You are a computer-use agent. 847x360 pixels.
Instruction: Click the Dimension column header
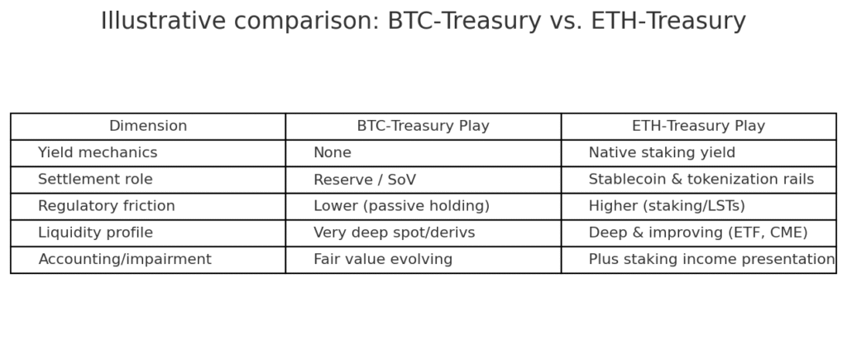(148, 126)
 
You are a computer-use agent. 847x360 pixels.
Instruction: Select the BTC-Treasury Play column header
(423, 126)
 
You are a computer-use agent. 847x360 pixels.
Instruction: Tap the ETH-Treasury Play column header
(698, 126)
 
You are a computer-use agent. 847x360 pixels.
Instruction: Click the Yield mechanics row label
(98, 152)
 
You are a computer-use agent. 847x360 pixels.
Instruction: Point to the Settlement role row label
(95, 179)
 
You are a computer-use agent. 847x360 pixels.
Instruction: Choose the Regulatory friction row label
(107, 206)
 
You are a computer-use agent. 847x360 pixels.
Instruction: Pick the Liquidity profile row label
(95, 233)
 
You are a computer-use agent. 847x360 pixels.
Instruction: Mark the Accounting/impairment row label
(125, 260)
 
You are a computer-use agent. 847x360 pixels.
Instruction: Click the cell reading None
(333, 152)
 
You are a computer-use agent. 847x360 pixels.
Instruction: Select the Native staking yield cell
(662, 152)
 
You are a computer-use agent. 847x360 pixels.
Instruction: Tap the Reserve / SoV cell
(365, 180)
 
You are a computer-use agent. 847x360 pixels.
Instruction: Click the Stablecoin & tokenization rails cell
(701, 179)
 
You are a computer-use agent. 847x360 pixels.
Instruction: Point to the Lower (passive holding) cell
(401, 206)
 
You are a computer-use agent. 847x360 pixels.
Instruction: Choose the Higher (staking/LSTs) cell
(667, 206)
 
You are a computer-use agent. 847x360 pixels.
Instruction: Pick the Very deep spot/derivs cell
(395, 233)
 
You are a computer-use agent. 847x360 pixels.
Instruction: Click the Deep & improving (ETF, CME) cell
(698, 233)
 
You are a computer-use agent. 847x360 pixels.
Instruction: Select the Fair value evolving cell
(383, 260)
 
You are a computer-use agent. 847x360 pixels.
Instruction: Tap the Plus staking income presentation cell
(711, 260)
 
